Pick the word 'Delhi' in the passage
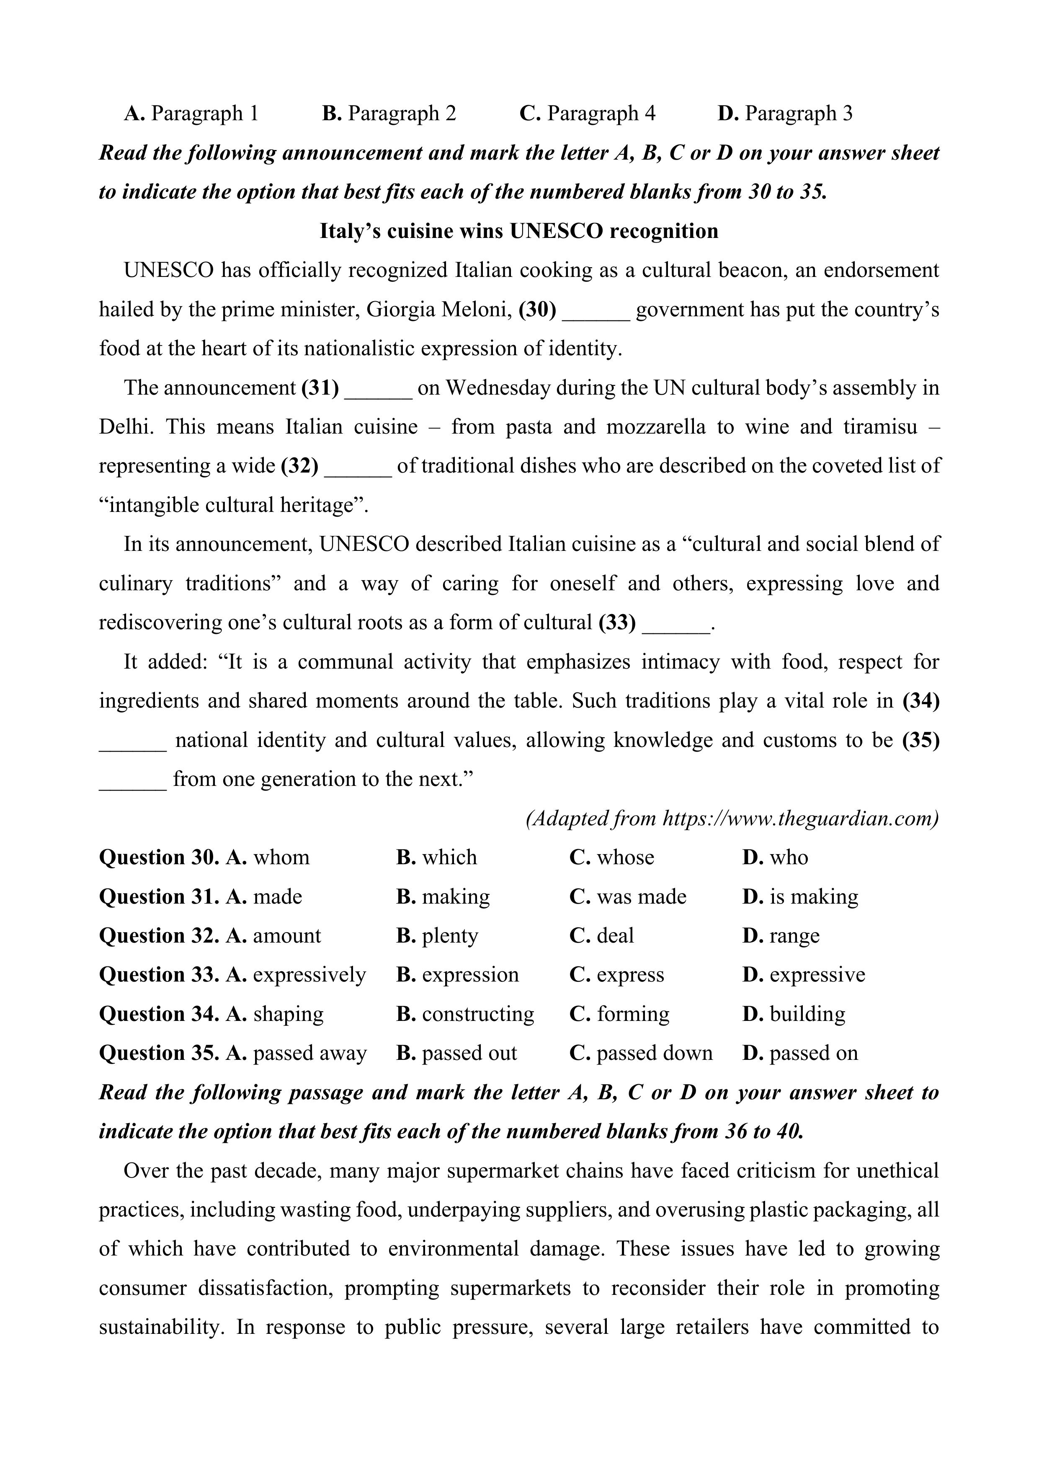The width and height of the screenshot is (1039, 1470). pyautogui.click(x=126, y=427)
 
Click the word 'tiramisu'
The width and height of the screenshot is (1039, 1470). pyautogui.click(x=879, y=427)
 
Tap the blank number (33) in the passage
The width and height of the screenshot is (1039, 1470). pyautogui.click(x=617, y=623)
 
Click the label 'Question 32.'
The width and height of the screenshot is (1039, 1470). pyautogui.click(x=159, y=935)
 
